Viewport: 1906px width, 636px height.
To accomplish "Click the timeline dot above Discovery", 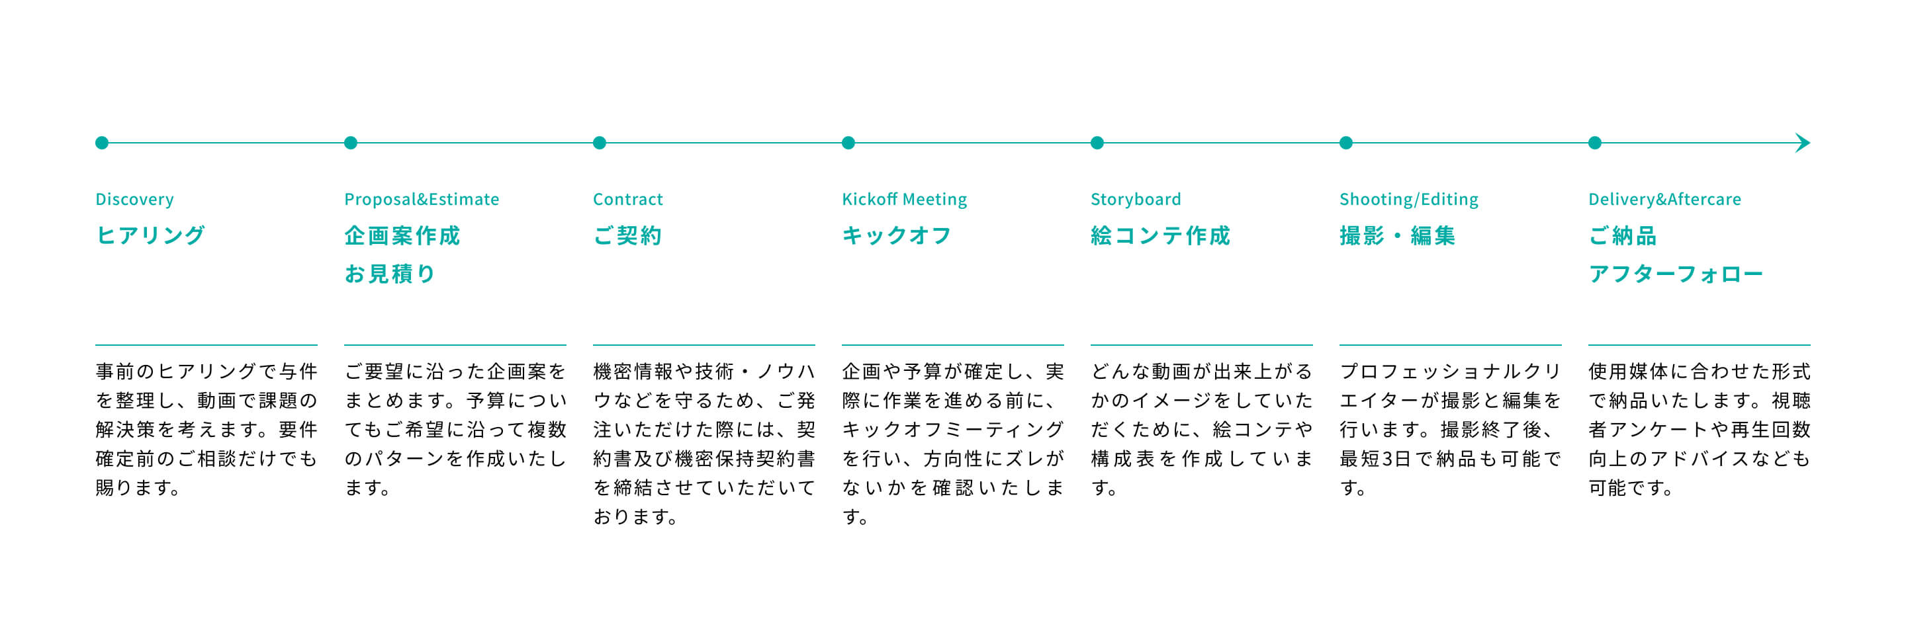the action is (x=102, y=143).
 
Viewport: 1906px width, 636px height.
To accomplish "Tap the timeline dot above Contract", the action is (x=600, y=143).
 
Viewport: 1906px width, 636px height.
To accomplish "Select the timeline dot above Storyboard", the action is (x=1097, y=143).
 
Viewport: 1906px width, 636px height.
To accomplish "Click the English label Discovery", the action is (x=134, y=200).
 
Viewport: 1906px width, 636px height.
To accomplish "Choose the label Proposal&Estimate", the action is (x=422, y=200).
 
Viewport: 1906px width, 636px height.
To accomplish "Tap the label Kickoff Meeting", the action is (x=904, y=200).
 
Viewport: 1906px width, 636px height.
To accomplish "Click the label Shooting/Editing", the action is (x=1409, y=200).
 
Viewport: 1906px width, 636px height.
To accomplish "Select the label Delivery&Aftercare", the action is (x=1665, y=200).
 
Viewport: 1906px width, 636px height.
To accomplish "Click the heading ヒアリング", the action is (x=150, y=235).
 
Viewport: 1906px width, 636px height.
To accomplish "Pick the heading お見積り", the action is (x=390, y=274).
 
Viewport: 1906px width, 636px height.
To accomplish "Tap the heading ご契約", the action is (x=627, y=235).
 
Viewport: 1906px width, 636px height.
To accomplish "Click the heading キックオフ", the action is (x=897, y=235).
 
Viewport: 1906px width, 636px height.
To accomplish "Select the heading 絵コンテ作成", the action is (x=1160, y=235).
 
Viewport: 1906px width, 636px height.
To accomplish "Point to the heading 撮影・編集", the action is (x=1397, y=235).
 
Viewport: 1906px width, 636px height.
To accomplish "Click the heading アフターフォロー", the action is (x=1676, y=274).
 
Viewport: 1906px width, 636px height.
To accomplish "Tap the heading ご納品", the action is (x=1623, y=235).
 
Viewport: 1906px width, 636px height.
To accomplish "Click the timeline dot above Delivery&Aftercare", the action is (x=1594, y=143).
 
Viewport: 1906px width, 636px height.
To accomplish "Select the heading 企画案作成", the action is (x=402, y=235).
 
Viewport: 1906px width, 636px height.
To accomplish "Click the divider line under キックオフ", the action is (x=953, y=344).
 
